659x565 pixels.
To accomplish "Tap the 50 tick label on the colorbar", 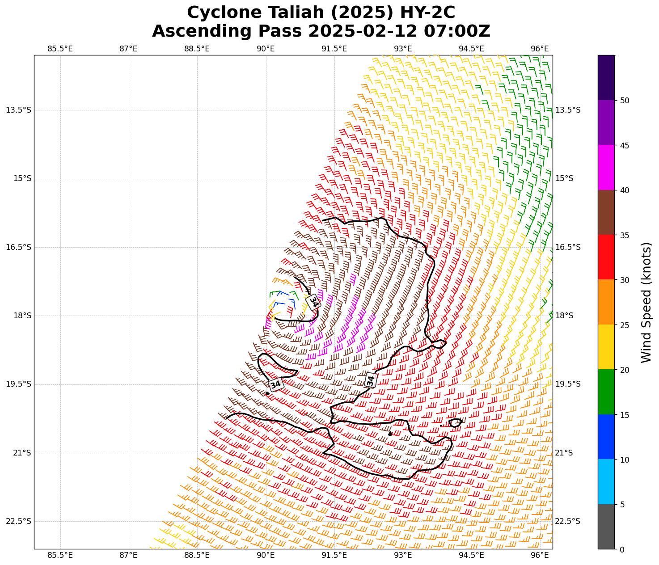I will [x=625, y=101].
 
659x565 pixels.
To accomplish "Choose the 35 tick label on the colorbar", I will [x=625, y=235].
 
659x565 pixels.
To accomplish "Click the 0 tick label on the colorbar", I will [x=622, y=549].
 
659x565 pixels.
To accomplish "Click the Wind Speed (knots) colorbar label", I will [x=646, y=302].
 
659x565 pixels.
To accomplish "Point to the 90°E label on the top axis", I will [x=266, y=49].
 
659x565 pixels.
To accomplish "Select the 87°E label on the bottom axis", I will [x=128, y=555].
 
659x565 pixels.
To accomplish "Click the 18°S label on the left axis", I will [x=22, y=316].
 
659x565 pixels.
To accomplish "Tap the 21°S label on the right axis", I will [x=564, y=453].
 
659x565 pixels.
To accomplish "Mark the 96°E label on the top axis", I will [x=540, y=49].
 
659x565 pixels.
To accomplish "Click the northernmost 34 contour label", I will [x=314, y=302].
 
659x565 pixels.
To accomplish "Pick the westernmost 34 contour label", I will [x=276, y=384].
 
